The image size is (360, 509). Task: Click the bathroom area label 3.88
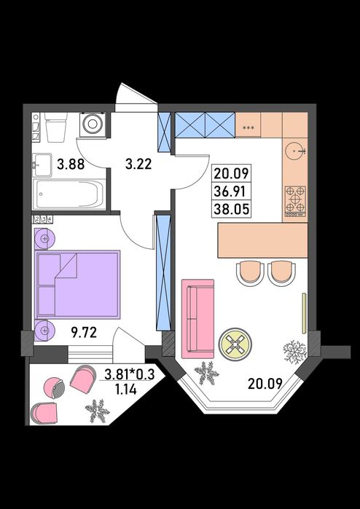coord(71,165)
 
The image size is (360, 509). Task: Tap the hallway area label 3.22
coord(138,165)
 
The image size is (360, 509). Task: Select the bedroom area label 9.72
coord(84,333)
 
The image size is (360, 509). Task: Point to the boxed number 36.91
coord(231,192)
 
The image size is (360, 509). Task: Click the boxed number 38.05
coord(231,210)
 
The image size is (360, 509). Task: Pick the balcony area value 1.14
coord(126,389)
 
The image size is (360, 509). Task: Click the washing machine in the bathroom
coord(93,124)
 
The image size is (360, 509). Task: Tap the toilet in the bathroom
coord(55,127)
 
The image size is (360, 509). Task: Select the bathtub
coord(71,194)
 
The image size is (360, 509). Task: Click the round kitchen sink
coord(295,151)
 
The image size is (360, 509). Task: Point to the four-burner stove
coord(295,201)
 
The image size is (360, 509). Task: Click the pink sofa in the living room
coord(197,319)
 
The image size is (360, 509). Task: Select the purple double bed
coord(78,285)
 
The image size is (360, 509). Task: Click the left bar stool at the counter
coord(249,272)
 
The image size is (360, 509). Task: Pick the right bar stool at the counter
coord(282,272)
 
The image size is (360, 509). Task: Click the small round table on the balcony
coord(54,388)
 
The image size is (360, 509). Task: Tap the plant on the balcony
coord(97,411)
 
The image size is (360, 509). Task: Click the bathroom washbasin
coord(42,165)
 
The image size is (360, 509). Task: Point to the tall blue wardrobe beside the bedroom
coord(163,272)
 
